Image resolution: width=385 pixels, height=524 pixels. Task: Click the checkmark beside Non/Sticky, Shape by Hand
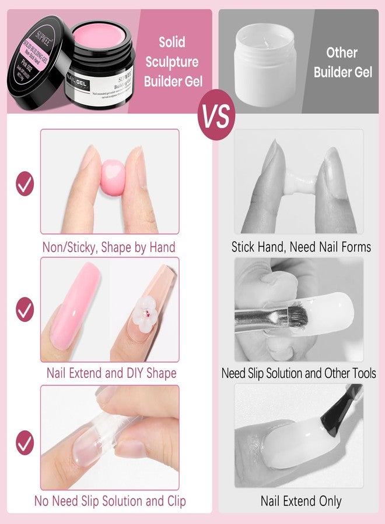(x=25, y=184)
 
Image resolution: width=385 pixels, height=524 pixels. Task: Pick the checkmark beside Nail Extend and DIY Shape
(x=25, y=308)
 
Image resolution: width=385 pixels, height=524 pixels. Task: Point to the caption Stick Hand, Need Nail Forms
(x=301, y=247)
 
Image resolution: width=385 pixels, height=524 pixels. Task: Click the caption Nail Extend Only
(x=301, y=501)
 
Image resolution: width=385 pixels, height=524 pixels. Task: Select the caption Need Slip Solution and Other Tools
(x=299, y=374)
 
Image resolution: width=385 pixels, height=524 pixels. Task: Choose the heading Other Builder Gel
(x=342, y=62)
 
